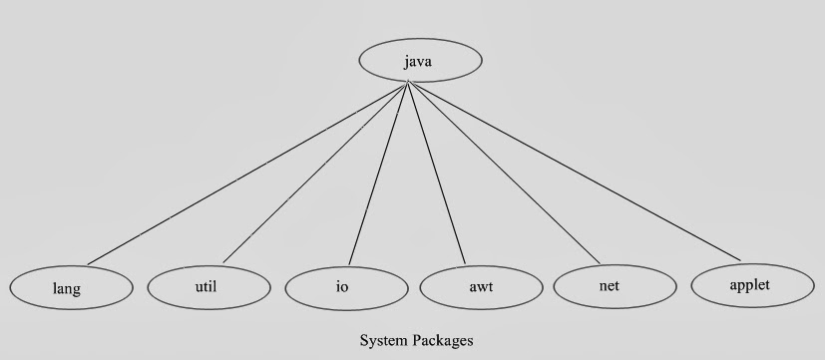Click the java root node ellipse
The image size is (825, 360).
(420, 61)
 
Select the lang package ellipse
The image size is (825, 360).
(71, 288)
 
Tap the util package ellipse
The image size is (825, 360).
(208, 287)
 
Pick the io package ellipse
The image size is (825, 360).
(345, 288)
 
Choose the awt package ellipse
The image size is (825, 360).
(481, 288)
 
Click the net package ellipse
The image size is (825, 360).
(612, 286)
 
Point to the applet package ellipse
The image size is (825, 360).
(749, 285)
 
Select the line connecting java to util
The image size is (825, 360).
(314, 174)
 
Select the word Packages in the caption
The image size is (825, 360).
(442, 340)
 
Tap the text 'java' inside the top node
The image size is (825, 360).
(419, 62)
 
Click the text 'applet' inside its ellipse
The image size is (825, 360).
(749, 285)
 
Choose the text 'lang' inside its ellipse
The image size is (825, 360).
(67, 289)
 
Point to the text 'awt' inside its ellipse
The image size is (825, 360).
(481, 288)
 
